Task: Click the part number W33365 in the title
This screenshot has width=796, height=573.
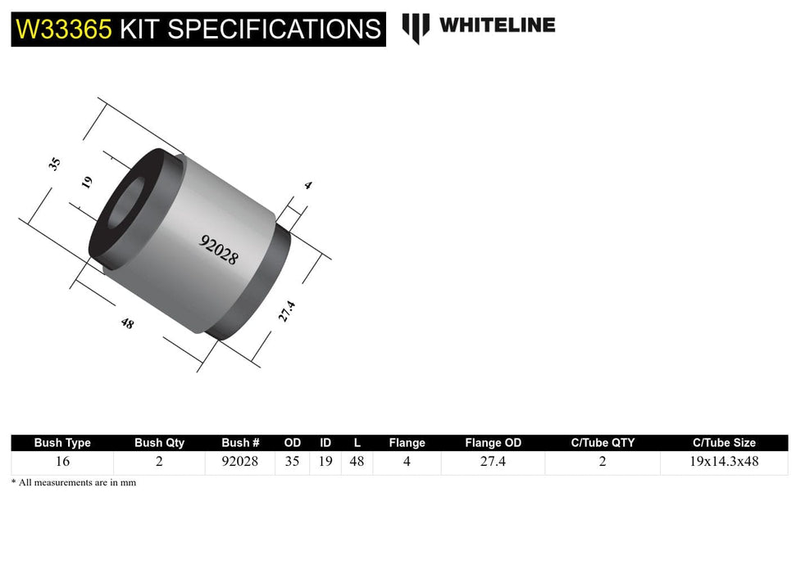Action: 63,29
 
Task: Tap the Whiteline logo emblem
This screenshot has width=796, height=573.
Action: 416,27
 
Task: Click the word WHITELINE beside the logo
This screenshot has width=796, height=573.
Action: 497,25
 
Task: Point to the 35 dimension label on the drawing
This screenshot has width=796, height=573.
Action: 55,163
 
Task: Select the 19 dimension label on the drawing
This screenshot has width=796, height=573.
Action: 88,182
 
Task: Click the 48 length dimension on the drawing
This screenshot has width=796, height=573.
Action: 127,323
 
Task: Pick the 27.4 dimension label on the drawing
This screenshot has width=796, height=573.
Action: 285,311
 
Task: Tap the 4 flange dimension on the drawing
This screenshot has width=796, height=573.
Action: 307,186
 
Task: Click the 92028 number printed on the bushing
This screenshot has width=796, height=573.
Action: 219,249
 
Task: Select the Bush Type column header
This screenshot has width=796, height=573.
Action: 62,443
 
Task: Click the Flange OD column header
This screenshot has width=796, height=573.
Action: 493,443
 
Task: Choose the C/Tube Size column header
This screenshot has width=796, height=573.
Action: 724,443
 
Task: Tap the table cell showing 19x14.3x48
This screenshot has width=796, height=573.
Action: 724,462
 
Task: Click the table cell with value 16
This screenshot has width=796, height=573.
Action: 62,462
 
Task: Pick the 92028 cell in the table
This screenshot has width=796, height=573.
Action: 240,462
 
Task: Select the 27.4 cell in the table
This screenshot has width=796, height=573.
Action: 493,462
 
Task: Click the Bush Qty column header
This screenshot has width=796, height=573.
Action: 159,443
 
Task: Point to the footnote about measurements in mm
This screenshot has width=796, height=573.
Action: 74,483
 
